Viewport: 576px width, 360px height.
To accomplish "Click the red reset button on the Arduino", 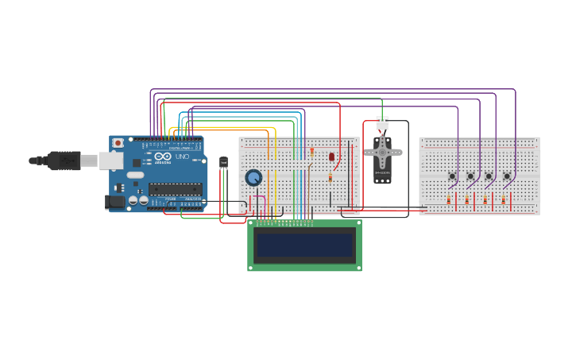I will click(118, 143).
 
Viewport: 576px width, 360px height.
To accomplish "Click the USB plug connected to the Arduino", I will click(64, 161).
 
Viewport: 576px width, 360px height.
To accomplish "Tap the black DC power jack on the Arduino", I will click(114, 202).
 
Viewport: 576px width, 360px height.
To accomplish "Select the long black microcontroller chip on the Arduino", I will click(175, 189).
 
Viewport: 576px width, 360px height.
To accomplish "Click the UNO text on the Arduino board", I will click(182, 157).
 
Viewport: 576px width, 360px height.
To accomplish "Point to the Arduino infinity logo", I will click(162, 157).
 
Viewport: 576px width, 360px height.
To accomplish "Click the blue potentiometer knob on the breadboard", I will click(253, 177).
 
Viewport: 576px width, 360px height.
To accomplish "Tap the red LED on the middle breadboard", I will click(331, 157).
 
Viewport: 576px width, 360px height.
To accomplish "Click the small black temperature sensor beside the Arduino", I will click(223, 162).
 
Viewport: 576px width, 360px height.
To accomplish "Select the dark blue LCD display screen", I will click(304, 246).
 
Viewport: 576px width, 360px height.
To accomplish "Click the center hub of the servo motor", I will click(382, 152).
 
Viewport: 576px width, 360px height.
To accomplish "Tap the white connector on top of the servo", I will click(382, 124).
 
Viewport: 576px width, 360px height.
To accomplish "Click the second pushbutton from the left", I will click(470, 176).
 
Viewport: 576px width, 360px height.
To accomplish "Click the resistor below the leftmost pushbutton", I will click(448, 200).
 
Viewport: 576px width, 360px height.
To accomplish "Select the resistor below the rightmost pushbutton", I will click(503, 200).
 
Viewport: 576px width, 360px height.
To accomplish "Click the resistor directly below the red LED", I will click(331, 179).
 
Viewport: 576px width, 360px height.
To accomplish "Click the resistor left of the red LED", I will click(312, 151).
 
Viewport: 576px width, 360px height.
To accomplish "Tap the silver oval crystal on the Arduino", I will click(135, 175).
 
